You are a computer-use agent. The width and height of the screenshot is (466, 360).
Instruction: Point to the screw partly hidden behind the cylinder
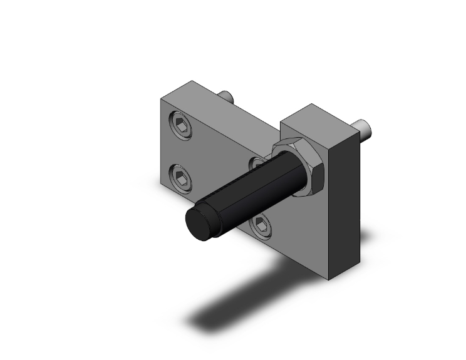[x=257, y=164]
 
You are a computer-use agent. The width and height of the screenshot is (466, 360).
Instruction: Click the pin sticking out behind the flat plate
[x=227, y=97]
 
